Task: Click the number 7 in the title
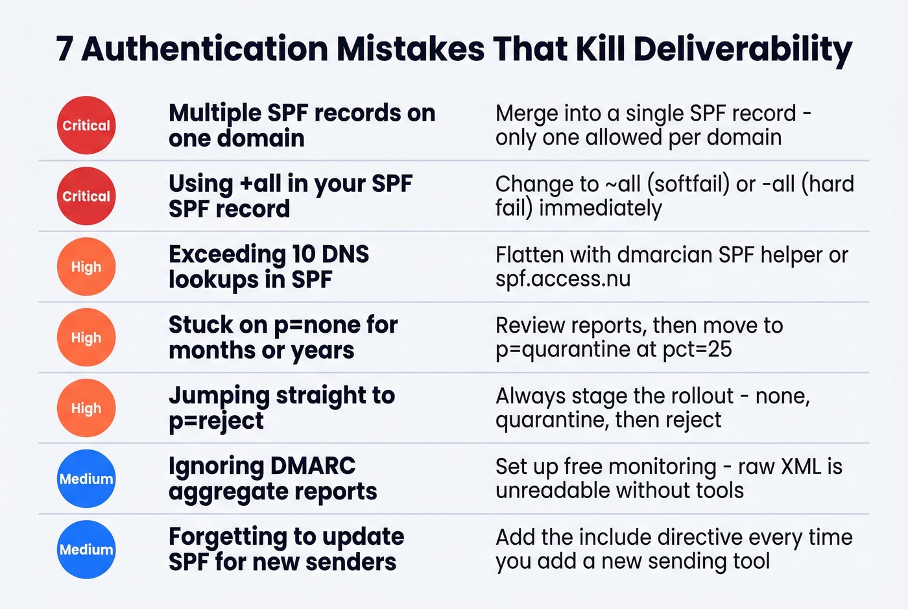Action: click(64, 49)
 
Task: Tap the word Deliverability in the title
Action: click(742, 49)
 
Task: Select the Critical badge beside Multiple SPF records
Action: click(86, 125)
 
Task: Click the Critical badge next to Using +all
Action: click(86, 196)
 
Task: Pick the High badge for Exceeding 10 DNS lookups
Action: click(86, 267)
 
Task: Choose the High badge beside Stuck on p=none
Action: click(86, 337)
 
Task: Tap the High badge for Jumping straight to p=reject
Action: click(86, 408)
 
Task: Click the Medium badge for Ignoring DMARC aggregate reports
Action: click(86, 479)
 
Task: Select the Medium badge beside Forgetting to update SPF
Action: click(86, 549)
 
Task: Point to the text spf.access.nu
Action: click(563, 279)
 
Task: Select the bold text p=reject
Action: click(216, 421)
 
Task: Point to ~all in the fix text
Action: click(623, 184)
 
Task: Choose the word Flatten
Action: click(529, 255)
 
